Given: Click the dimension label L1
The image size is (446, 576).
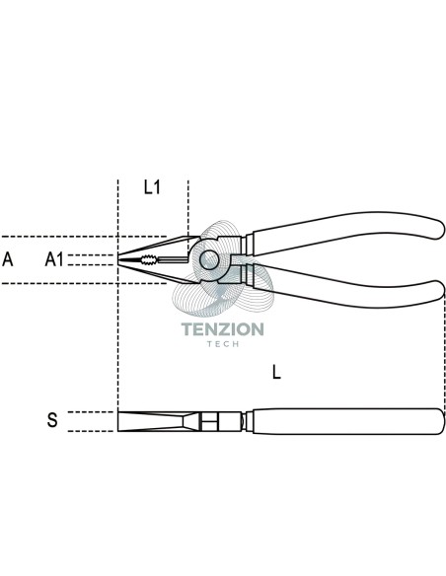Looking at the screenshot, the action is point(152,187).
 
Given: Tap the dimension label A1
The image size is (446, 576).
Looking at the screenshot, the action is point(54,259).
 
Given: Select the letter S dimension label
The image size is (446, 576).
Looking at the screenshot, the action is point(52,420).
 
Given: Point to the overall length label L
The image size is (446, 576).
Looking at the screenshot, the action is point(276,372).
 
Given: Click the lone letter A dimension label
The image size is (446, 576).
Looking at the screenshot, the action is point(8,259).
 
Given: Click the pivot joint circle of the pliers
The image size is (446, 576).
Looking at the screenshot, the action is point(209,260).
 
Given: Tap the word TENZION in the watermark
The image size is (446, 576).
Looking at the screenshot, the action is point(223,329).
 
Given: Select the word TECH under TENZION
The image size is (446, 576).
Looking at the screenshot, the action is point(223,344).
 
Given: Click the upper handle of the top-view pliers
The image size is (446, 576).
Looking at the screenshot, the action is point(345,232).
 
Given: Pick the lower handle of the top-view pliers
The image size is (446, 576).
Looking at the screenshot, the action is point(345,288).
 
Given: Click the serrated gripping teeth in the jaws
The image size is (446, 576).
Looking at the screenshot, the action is point(148,260).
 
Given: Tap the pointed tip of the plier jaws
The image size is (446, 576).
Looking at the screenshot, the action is point(118,259).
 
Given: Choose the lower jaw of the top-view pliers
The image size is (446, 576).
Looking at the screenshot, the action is point(158,271).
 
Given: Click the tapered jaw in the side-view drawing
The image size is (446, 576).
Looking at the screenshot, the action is point(154,421).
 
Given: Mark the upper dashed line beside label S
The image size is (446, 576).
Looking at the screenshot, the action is point(91,412).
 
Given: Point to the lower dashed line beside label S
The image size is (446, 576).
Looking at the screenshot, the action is point(91,431).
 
